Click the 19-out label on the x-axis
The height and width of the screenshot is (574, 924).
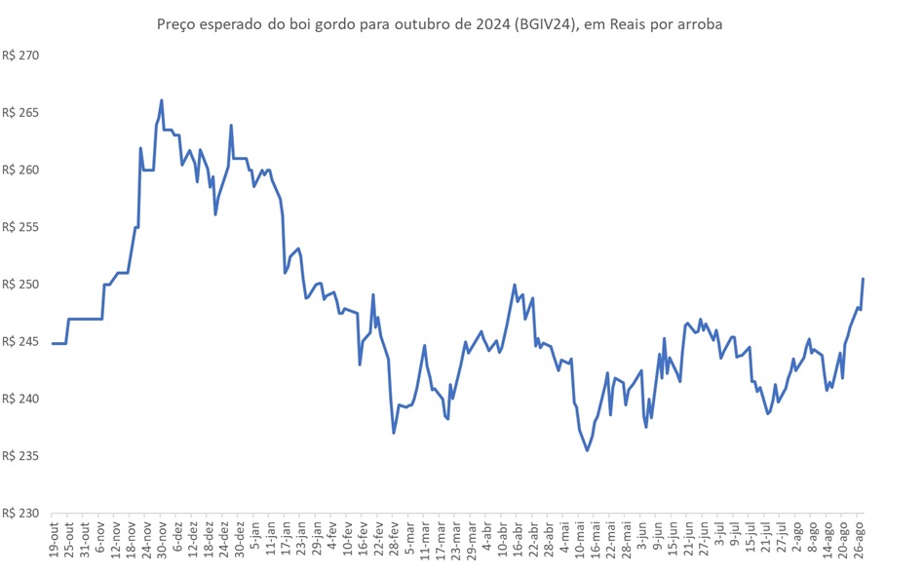click(x=55, y=540)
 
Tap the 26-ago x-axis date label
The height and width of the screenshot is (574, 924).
click(x=859, y=540)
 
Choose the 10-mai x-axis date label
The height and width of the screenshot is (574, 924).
click(x=580, y=540)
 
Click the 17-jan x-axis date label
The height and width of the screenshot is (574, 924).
click(x=287, y=540)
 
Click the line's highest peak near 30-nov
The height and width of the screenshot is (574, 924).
click(x=162, y=100)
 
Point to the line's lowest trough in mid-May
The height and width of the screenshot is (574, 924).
click(x=587, y=450)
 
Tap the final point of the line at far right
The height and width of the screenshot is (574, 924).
click(x=864, y=280)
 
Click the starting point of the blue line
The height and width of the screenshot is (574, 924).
click(x=53, y=343)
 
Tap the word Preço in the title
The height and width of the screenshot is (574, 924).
click(x=175, y=23)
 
